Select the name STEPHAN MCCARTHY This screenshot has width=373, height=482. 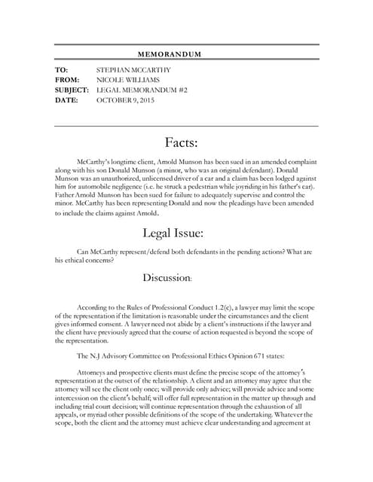pos(133,69)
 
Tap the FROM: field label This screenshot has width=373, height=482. pos(67,79)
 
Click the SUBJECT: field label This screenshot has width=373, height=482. pos(72,89)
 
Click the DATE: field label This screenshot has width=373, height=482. pos(67,99)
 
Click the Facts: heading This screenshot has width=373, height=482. pos(181,143)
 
